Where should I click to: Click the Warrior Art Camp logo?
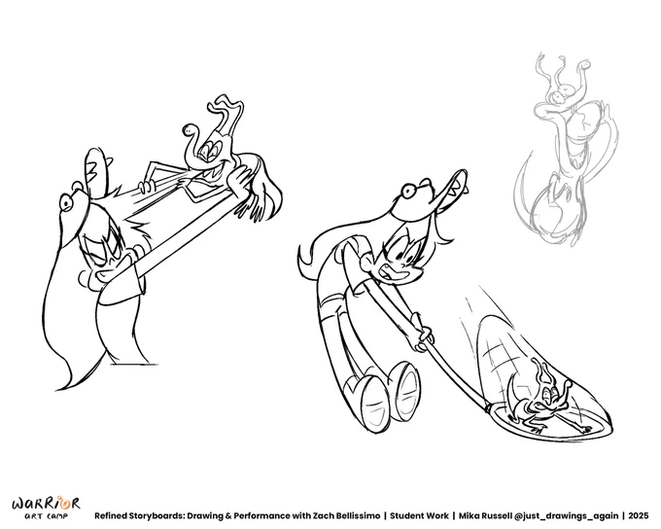pyautogui.click(x=46, y=508)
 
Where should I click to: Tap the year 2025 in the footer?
pyautogui.click(x=639, y=516)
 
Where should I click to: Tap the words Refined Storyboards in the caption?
pyautogui.click(x=140, y=516)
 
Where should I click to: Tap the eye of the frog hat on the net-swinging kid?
pyautogui.click(x=407, y=192)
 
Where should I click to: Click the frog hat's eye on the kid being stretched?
pyautogui.click(x=66, y=203)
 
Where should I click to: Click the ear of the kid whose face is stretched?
pyautogui.click(x=86, y=277)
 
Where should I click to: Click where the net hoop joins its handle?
pyautogui.click(x=488, y=407)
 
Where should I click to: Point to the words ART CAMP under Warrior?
pyautogui.click(x=46, y=516)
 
